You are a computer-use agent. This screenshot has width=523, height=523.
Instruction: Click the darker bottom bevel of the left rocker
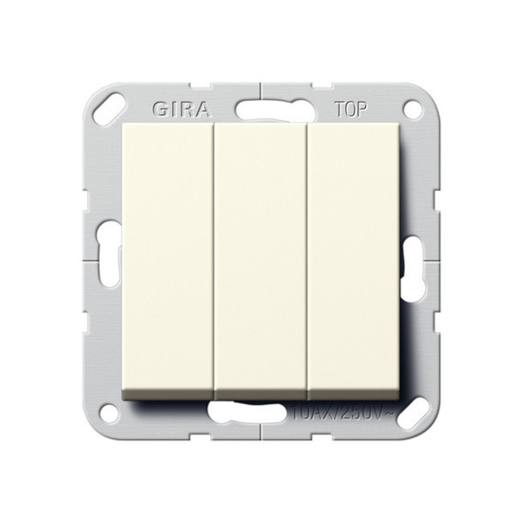(x=168, y=391)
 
